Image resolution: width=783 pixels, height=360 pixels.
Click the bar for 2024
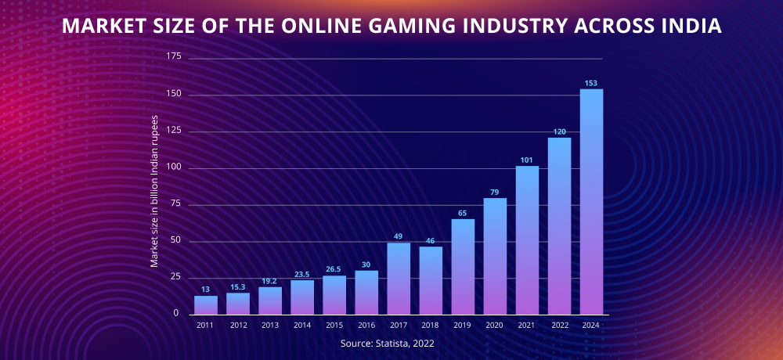(591, 201)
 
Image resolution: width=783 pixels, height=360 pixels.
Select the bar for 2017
(399, 278)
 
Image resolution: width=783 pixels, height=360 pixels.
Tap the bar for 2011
(206, 304)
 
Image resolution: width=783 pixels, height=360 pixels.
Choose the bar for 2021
(527, 239)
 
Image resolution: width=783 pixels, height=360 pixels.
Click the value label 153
(591, 83)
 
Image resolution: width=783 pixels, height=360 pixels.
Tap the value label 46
(431, 240)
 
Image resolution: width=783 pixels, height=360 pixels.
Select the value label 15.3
(238, 286)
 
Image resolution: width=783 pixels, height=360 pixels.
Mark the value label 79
(495, 192)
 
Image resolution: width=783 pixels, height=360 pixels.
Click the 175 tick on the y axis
(174, 57)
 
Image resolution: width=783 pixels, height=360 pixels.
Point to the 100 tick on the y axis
(174, 168)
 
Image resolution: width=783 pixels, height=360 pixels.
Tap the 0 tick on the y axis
(177, 313)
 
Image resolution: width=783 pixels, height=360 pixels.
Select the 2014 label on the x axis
(302, 325)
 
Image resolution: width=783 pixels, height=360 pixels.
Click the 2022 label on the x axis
(559, 325)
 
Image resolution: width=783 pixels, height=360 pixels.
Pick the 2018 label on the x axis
(431, 325)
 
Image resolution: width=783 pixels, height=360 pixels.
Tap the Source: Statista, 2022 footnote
(388, 344)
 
